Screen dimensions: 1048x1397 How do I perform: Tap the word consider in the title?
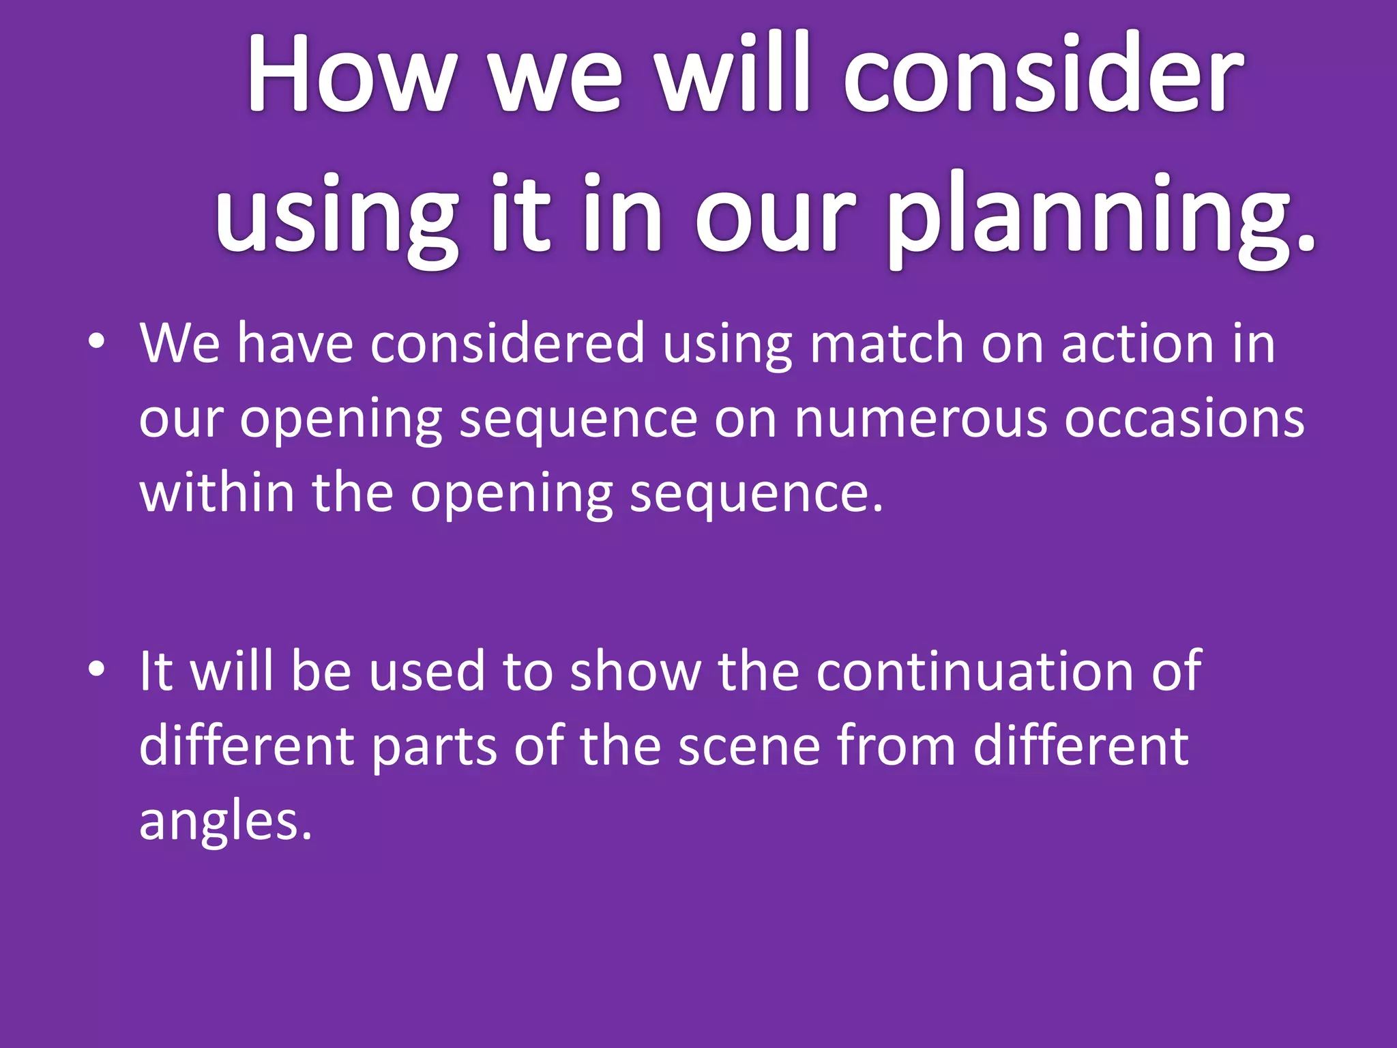tap(1044, 73)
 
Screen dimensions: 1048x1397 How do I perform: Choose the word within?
tap(217, 493)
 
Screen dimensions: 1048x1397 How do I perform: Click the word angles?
tap(225, 821)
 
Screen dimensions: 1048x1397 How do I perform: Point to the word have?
tap(295, 343)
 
